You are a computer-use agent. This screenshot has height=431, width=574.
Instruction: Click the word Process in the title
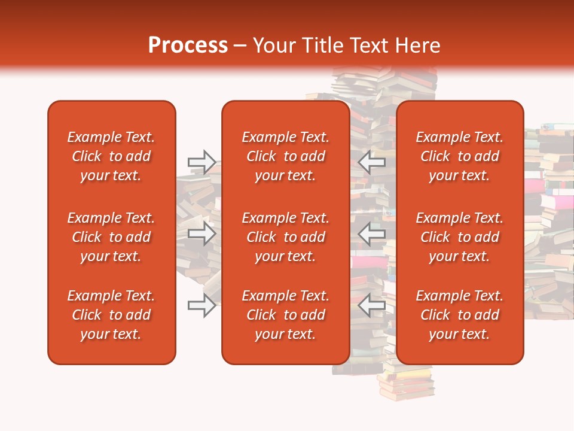[x=188, y=45]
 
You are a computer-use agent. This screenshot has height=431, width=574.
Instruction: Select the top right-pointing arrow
[x=202, y=162]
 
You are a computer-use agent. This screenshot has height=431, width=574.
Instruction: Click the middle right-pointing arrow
[x=202, y=233]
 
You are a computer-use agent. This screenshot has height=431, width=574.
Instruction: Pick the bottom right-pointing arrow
[x=202, y=305]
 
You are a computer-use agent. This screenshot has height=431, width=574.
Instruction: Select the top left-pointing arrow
[x=372, y=162]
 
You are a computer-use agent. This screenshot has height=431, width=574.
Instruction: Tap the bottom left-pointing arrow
[x=372, y=305]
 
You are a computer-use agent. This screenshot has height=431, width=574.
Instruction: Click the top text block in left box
[x=111, y=156]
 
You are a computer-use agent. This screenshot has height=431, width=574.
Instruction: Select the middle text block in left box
[x=111, y=237]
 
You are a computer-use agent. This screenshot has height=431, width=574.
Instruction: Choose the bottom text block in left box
[x=111, y=315]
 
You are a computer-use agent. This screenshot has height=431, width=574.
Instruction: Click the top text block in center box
[x=285, y=156]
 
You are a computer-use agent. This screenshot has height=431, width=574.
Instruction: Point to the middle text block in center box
[x=285, y=237]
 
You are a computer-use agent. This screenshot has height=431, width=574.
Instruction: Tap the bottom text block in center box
[x=285, y=315]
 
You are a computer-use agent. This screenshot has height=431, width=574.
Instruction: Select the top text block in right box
[x=459, y=156]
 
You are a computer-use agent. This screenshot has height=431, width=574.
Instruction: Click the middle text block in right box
[x=459, y=237]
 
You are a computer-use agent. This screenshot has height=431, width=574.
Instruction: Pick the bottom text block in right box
[x=459, y=315]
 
